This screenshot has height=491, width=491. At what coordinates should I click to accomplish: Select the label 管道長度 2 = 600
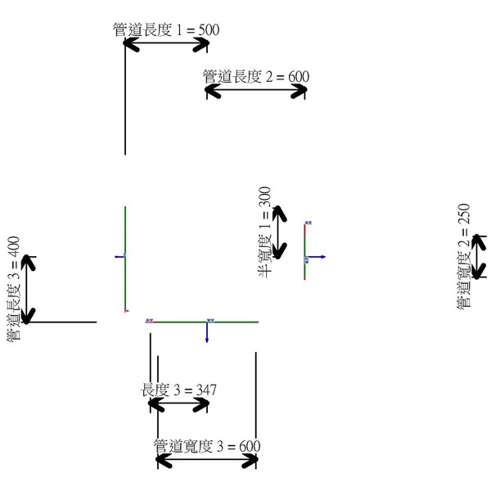[256, 77]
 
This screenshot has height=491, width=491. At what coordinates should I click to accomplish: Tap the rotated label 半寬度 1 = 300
[264, 232]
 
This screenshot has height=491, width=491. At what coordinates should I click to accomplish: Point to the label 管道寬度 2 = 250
[464, 255]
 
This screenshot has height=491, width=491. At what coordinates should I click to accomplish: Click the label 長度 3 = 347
[179, 389]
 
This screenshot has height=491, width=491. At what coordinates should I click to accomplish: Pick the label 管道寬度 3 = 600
[207, 446]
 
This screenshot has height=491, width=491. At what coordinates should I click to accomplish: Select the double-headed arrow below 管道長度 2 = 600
[256, 91]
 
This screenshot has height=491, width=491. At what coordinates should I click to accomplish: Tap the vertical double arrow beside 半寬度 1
[280, 232]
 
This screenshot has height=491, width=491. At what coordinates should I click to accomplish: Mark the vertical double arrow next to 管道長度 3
[29, 289]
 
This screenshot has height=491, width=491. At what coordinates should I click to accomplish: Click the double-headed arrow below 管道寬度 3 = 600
[207, 461]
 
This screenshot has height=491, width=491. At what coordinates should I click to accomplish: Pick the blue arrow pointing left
[119, 257]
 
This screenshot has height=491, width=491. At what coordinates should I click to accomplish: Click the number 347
[205, 389]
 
